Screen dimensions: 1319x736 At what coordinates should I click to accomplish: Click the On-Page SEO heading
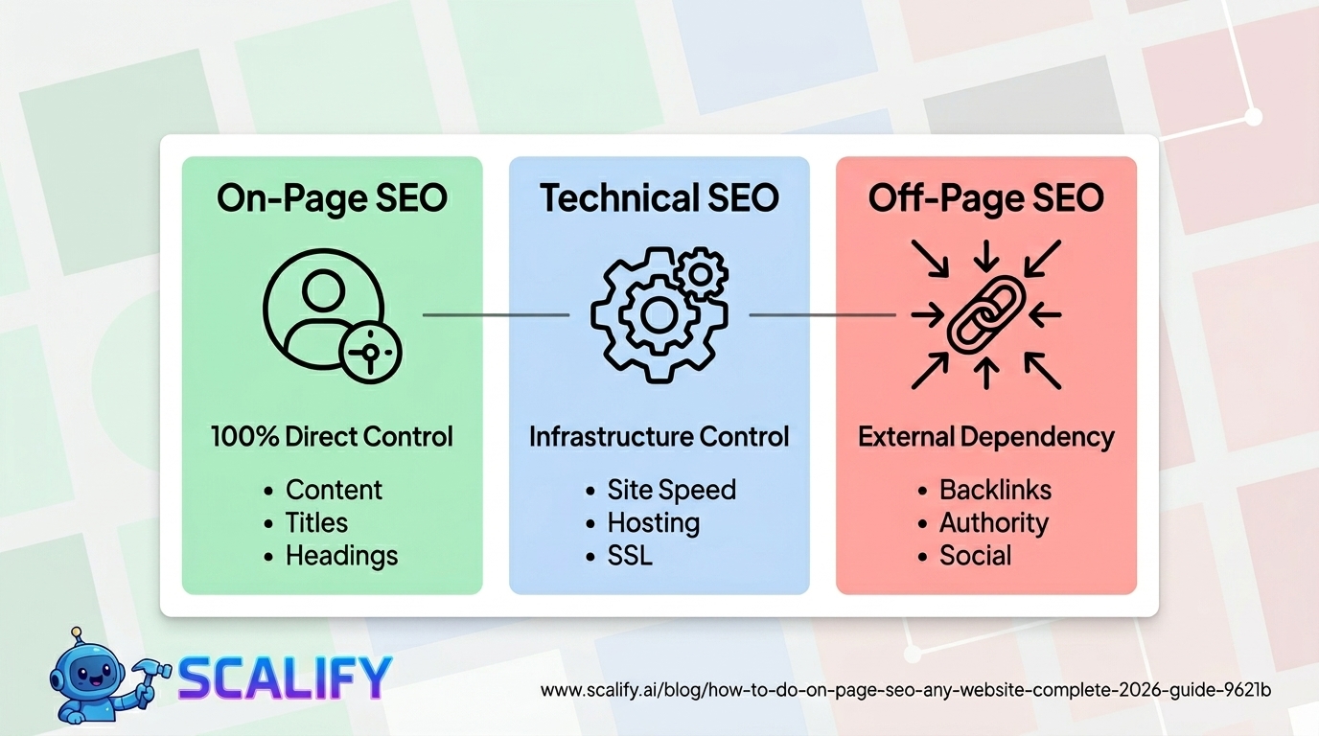[x=332, y=198]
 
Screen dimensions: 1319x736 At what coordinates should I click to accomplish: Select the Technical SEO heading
[x=659, y=198]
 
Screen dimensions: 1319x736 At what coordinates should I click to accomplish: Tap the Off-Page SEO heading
[x=986, y=198]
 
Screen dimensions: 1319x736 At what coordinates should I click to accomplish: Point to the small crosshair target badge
[x=371, y=352]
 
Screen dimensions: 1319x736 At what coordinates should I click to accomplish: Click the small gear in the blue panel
[x=701, y=275]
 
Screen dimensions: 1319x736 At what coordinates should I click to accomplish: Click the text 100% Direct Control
[x=332, y=437]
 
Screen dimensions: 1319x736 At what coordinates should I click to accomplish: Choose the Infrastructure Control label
[x=659, y=437]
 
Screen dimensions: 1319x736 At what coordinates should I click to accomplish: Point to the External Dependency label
[x=986, y=437]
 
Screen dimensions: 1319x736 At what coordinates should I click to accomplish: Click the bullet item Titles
[x=316, y=522]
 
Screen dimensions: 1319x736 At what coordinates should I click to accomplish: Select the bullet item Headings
[x=341, y=556]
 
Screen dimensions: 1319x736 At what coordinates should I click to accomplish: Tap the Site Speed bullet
[x=671, y=490]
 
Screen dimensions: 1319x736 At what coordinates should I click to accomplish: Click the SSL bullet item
[x=630, y=556]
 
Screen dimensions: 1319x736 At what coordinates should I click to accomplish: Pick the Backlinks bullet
[x=995, y=490]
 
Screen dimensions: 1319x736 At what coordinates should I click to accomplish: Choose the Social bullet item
[x=975, y=556]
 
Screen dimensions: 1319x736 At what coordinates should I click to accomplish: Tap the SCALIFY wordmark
[x=286, y=678]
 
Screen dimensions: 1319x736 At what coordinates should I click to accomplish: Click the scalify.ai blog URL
[x=906, y=690]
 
